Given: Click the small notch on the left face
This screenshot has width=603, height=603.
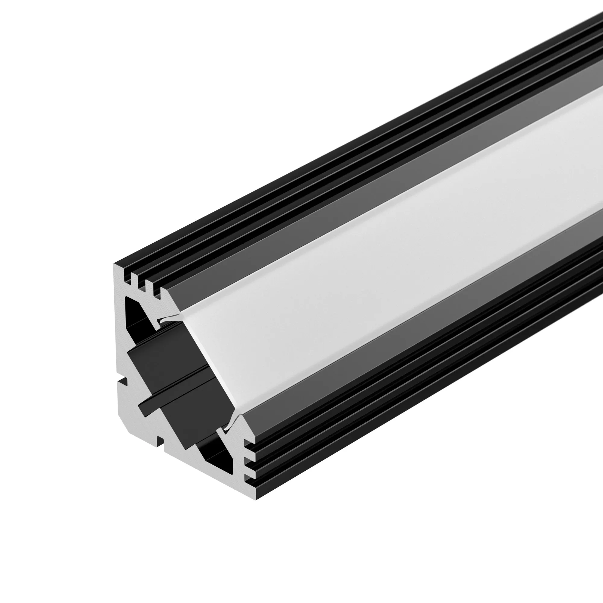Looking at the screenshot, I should pos(124,381).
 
